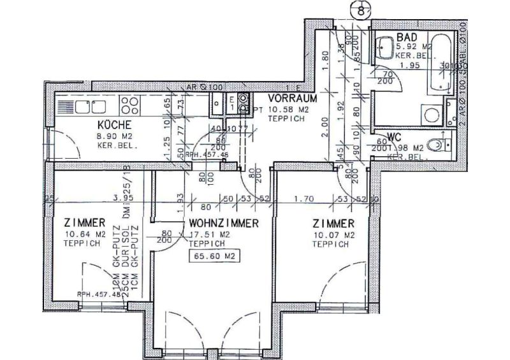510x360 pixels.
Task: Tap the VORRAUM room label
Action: pos(293,99)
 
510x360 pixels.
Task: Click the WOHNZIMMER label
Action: pos(223,224)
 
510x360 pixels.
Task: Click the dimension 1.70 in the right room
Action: pos(305,198)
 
